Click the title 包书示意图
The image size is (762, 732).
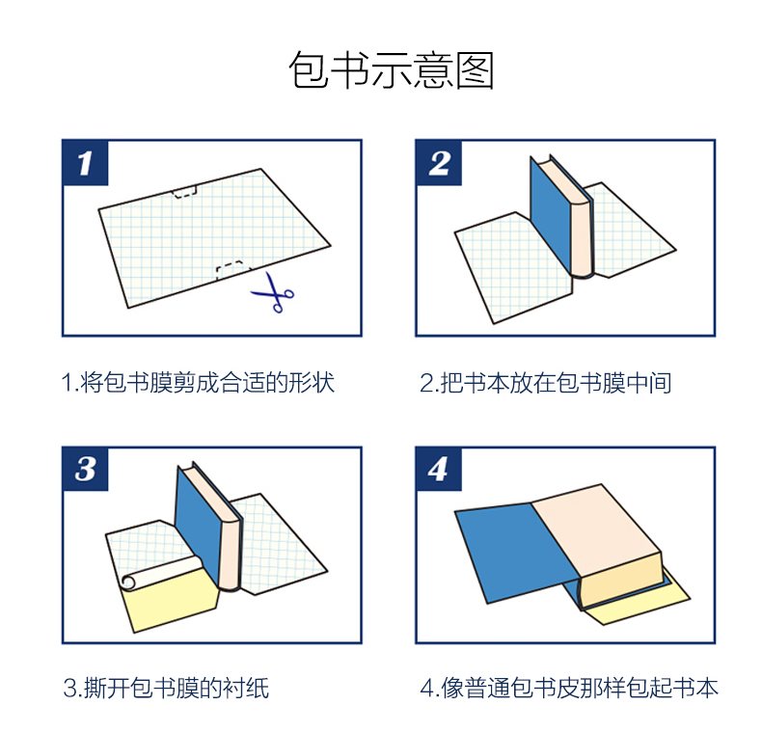point(392,70)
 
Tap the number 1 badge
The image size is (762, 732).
point(86,163)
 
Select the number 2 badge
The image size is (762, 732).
point(439,163)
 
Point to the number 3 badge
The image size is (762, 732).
point(86,469)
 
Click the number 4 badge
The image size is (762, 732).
point(439,469)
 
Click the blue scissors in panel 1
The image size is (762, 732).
point(273,292)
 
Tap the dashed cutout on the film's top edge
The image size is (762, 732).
point(185,191)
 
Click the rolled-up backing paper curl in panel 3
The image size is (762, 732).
point(160,573)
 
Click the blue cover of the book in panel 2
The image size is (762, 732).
point(550,214)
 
